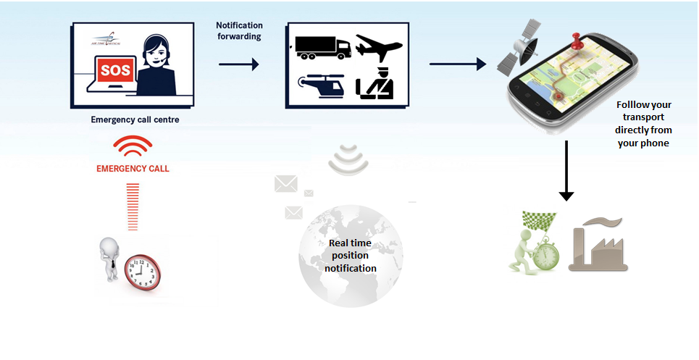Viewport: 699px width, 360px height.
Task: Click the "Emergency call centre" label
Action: click(x=135, y=120)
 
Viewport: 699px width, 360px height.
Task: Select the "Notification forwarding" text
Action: click(x=240, y=31)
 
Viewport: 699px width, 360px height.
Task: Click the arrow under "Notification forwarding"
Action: click(x=238, y=64)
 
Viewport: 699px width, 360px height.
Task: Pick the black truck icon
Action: click(x=322, y=48)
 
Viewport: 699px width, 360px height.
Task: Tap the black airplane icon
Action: click(x=377, y=47)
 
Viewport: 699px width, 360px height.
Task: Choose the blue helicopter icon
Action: click(x=320, y=86)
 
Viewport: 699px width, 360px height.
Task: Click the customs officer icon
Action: click(x=376, y=85)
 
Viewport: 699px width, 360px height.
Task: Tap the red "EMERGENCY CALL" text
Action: click(x=132, y=169)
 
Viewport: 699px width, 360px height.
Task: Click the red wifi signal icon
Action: click(x=132, y=147)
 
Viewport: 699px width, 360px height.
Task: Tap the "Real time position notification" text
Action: click(x=351, y=256)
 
